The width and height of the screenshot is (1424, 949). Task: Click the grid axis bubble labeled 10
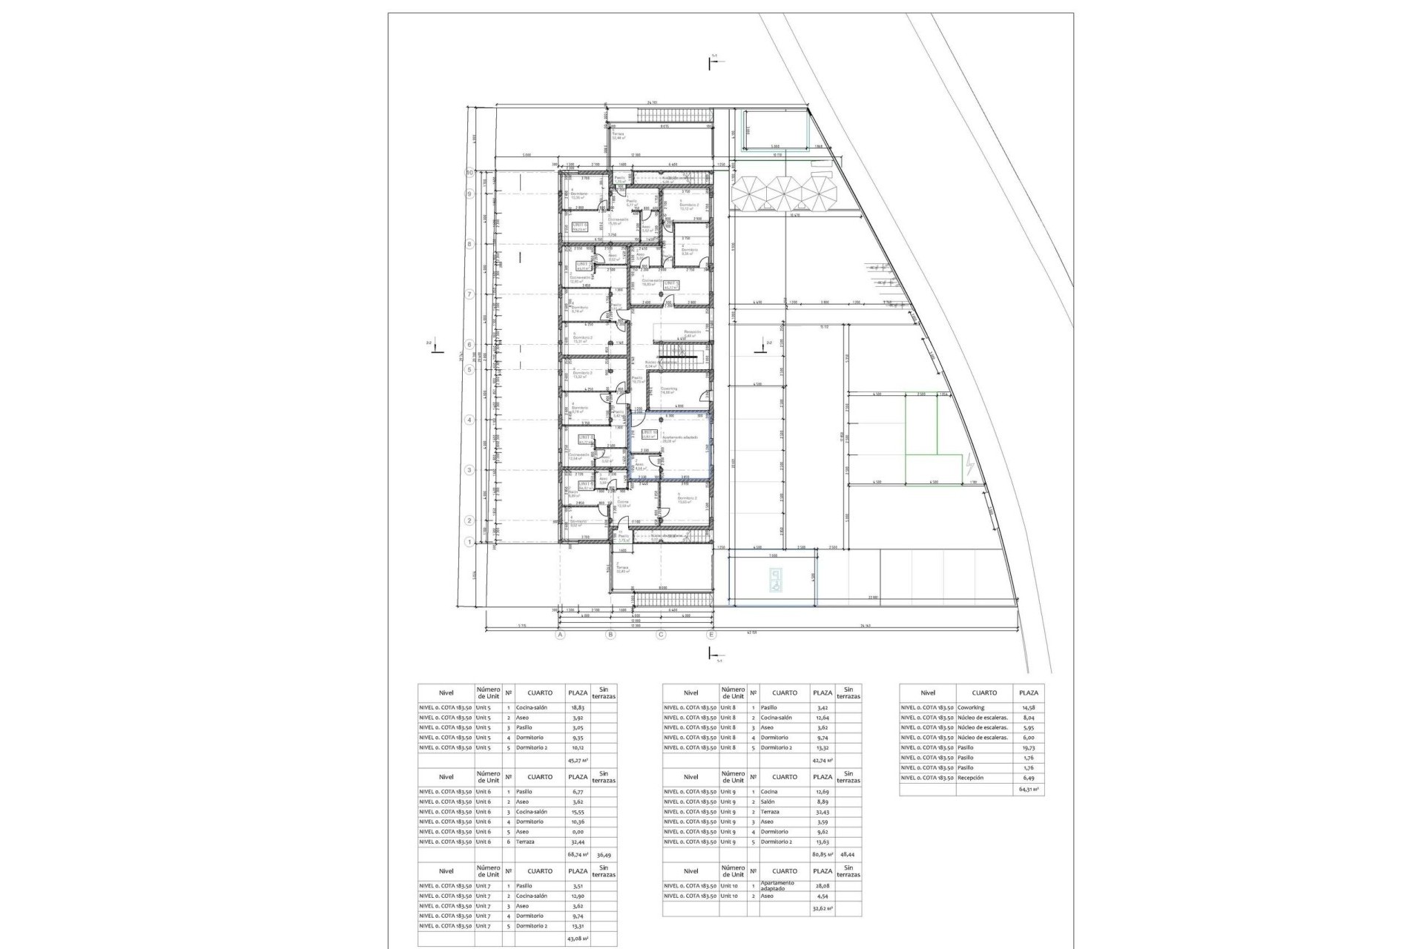coord(469,172)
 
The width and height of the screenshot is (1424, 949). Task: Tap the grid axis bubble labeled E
coord(711,635)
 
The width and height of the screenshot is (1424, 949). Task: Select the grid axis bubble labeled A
coord(560,635)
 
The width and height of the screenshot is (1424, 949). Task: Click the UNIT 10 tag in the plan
coord(649,433)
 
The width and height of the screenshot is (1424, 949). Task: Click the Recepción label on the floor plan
coord(692,331)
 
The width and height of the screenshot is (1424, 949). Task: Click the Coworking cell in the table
coord(971,708)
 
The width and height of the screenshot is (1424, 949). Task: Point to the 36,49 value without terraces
coord(604,854)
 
